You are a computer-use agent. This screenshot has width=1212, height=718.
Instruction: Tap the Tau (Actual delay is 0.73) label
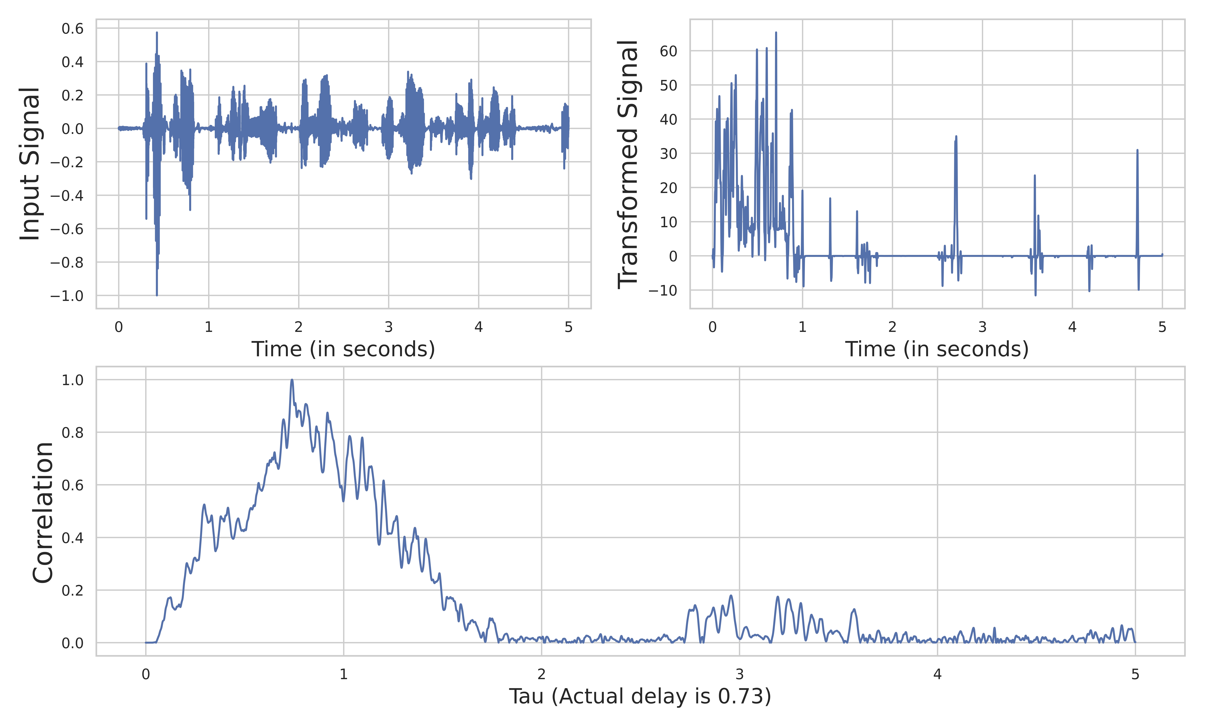click(x=639, y=697)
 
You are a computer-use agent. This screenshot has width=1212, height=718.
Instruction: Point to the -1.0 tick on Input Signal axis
click(x=67, y=296)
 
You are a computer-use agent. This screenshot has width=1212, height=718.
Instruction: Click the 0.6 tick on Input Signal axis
click(x=73, y=29)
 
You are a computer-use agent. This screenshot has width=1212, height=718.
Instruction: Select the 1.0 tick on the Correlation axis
click(x=73, y=380)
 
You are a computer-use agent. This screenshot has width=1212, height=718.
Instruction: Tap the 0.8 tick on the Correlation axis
click(x=73, y=433)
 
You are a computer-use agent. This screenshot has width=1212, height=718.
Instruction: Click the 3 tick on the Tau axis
click(x=739, y=674)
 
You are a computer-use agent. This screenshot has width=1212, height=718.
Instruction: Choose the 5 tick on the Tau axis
click(x=1135, y=674)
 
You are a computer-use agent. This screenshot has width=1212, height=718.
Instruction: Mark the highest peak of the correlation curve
click(x=292, y=380)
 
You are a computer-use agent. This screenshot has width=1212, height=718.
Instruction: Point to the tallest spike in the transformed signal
click(x=776, y=33)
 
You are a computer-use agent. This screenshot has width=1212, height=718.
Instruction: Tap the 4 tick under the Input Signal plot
click(x=478, y=328)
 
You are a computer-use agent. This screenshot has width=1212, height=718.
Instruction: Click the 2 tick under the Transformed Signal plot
click(x=892, y=328)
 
